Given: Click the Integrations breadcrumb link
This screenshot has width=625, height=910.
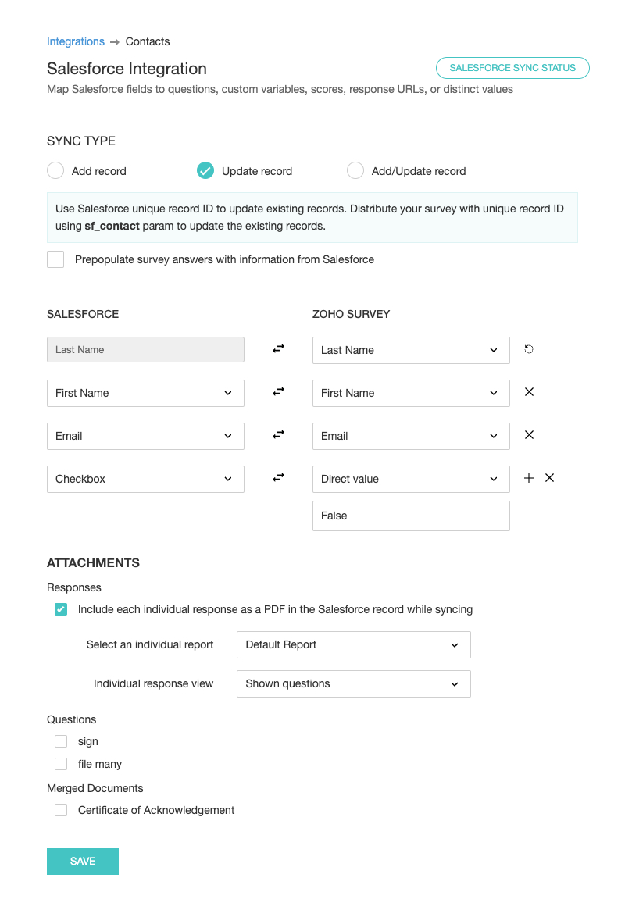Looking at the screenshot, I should (76, 41).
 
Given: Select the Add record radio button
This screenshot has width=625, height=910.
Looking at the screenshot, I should (55, 171).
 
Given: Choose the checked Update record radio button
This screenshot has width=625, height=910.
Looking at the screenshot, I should (205, 171).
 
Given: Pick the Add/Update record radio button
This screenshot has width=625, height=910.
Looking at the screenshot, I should (355, 171).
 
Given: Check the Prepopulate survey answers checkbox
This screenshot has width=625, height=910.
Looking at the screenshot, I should (55, 259).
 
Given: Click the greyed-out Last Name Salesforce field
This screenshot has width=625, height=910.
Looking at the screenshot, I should (145, 350).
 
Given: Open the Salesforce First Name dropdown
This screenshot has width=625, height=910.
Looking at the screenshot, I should (145, 393).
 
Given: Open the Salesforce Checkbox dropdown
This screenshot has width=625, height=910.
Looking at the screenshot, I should (145, 479).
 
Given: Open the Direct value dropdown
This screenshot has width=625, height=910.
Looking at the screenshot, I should (411, 479).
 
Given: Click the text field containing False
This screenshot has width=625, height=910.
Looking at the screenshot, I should (411, 516).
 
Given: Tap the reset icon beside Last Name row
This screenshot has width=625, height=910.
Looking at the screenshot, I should (529, 350).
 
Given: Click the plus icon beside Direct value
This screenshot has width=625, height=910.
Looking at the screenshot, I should (529, 478).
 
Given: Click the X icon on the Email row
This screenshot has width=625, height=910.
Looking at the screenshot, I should (529, 435).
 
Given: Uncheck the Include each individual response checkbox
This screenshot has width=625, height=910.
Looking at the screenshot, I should (61, 609).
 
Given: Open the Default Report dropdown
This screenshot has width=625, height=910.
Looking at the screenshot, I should (353, 644).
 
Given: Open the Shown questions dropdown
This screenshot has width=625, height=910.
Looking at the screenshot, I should (353, 683).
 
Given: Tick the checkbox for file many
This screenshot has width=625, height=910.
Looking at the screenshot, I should (61, 764).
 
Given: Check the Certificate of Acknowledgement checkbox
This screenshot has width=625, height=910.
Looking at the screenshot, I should (61, 810).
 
